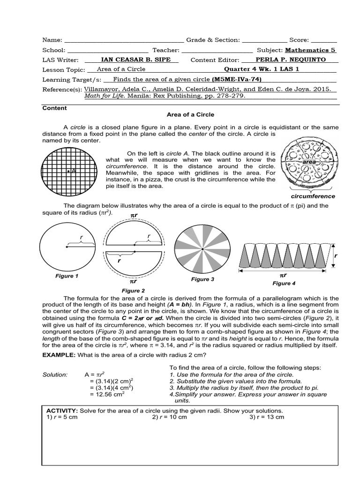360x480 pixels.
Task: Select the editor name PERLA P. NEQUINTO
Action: pos(290,60)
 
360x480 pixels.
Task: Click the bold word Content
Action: pos(55,108)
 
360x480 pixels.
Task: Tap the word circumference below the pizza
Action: pos(314,196)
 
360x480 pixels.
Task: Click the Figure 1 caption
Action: pos(67,276)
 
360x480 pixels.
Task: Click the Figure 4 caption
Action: pos(284,283)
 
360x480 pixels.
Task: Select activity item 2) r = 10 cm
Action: pos(170,417)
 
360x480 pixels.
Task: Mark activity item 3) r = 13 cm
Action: pos(267,417)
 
